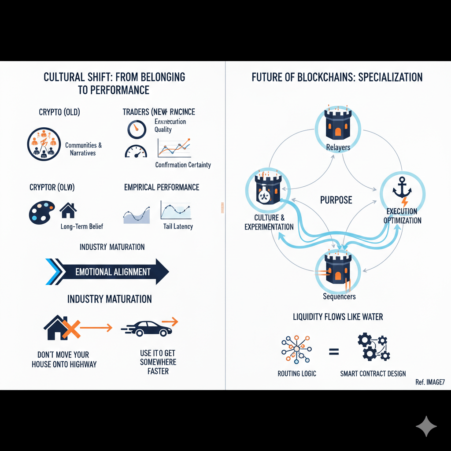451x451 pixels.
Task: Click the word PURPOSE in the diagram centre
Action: coord(336,200)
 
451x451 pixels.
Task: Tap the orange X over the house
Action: coord(70,328)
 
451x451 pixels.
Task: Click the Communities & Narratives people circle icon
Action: coord(44,144)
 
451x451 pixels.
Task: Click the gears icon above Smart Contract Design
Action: coord(373,347)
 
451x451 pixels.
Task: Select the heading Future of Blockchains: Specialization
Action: coord(337,78)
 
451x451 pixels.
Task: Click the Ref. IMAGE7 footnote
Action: coord(430,382)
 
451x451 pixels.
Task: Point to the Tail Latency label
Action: coord(177,226)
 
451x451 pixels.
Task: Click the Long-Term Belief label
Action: coord(82,226)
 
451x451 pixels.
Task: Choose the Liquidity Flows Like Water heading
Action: coord(337,317)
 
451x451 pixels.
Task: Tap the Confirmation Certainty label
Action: coord(183,165)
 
